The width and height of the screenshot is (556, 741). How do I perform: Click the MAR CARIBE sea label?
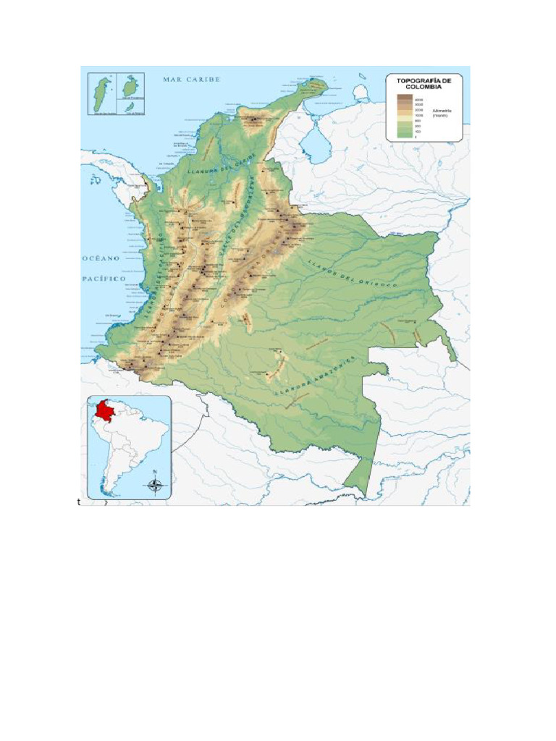tap(191, 79)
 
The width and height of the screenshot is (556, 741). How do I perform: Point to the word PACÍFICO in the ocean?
tap(104, 279)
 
